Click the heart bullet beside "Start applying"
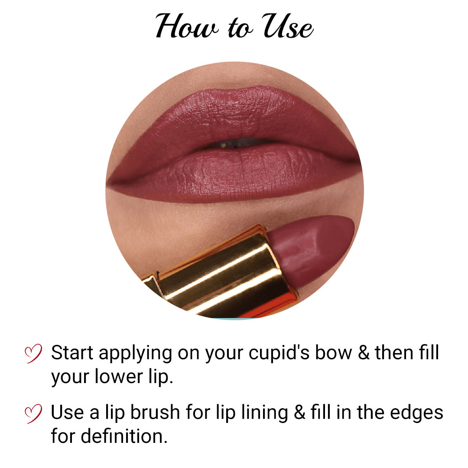pos(33,353)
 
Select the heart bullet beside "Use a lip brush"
pos(33,413)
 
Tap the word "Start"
pos(72,353)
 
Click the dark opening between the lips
pos(236,144)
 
